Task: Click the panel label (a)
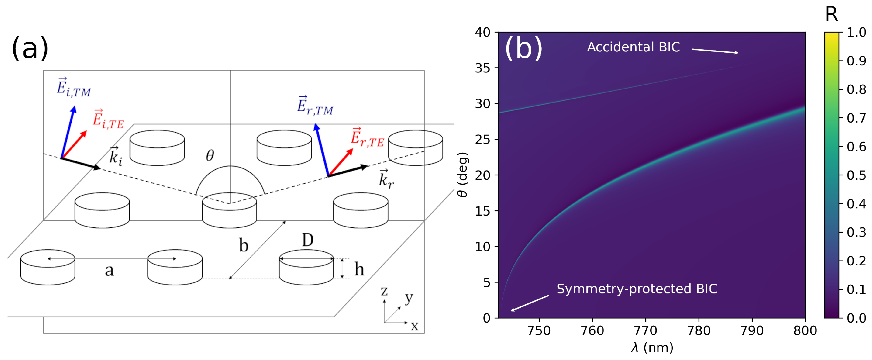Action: tap(30, 48)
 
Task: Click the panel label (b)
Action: tap(523, 48)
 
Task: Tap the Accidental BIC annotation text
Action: tap(633, 47)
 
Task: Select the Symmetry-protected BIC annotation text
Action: tap(637, 289)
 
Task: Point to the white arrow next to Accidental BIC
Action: tap(714, 51)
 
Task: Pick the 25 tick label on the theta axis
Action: tap(482, 139)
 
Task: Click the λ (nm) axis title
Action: tap(652, 347)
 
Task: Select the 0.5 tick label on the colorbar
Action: tap(856, 175)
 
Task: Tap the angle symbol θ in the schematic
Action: tap(210, 156)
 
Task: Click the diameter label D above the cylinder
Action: tap(307, 240)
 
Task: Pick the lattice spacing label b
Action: tap(243, 245)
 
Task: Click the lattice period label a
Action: tap(109, 270)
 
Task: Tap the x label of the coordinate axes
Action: tap(414, 327)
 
